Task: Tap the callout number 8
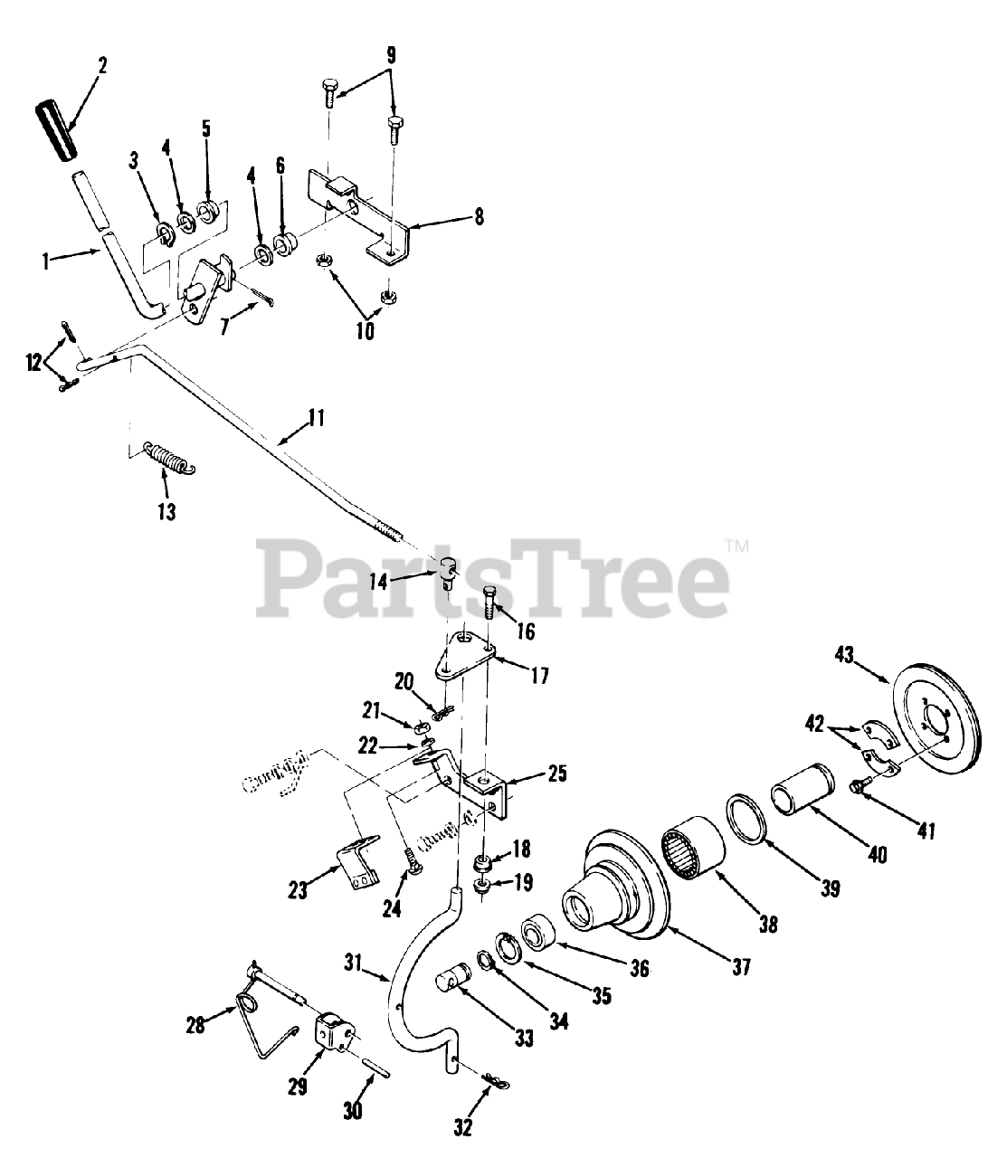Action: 478,216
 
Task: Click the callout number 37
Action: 740,967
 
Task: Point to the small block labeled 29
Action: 332,1032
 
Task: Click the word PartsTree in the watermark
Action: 496,576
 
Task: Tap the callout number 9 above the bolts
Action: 390,54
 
